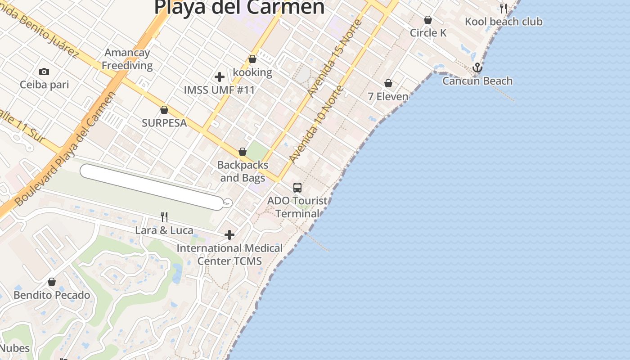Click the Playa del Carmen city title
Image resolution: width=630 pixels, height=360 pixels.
click(x=239, y=7)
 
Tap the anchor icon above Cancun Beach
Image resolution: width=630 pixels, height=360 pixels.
click(x=477, y=68)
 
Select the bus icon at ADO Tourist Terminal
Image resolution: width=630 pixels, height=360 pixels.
click(x=297, y=188)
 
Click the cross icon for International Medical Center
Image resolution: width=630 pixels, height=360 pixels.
click(x=229, y=235)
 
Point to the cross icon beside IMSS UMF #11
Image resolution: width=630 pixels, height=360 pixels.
click(x=220, y=77)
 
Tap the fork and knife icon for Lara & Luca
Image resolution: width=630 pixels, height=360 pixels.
click(x=164, y=217)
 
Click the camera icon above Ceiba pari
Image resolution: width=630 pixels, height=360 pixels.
click(x=44, y=72)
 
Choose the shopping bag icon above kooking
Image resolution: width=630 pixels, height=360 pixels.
click(x=252, y=59)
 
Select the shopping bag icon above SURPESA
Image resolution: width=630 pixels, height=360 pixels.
click(x=164, y=110)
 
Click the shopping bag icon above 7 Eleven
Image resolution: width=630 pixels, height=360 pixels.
click(x=388, y=83)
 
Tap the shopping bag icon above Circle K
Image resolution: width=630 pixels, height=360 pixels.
click(x=428, y=20)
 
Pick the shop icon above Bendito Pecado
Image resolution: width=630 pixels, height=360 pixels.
click(x=52, y=282)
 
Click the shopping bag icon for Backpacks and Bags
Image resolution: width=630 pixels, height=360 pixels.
click(x=243, y=152)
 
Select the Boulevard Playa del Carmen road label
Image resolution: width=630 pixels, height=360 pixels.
click(x=65, y=148)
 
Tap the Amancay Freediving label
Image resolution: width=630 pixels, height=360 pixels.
click(x=127, y=59)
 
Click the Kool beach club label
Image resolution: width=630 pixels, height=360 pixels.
click(x=504, y=22)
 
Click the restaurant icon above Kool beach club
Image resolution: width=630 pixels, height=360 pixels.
click(x=503, y=8)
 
